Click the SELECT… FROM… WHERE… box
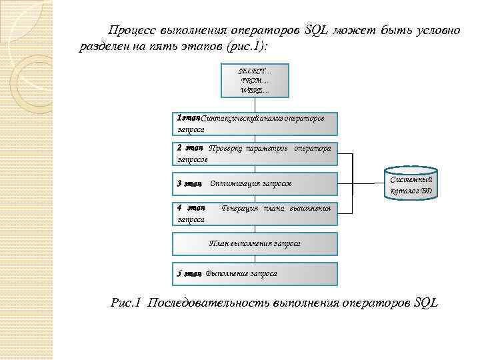255,80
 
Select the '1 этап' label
189,118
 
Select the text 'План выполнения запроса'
255,243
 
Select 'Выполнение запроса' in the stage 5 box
242,273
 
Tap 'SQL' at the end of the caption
425,303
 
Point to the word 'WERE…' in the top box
255,90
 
